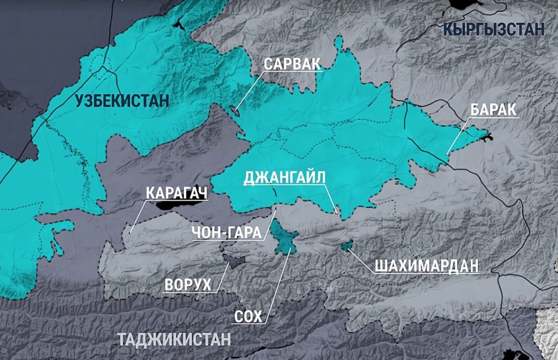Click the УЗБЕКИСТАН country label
coord(122,101)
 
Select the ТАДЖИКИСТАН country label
coord(174,339)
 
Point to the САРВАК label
coord(292,63)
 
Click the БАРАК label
coord(493,109)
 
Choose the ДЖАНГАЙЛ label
coord(284,178)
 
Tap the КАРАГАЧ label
coord(177,193)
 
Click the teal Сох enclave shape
coord(284,237)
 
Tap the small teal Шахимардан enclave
coord(346,247)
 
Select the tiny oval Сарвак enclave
coord(235,111)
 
